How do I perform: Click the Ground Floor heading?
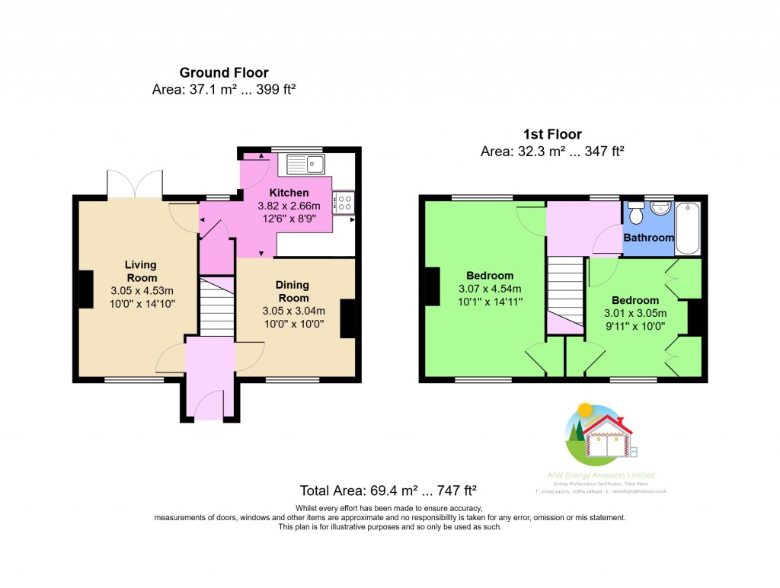[x=224, y=73]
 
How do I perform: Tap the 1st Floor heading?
[x=552, y=135]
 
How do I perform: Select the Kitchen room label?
[x=289, y=193]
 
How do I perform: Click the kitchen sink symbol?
[x=305, y=161]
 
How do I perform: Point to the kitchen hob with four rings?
[x=344, y=201]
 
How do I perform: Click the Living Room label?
[x=141, y=270]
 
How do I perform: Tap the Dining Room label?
[x=293, y=291]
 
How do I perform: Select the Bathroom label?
[x=648, y=238]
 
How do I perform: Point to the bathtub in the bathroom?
[x=687, y=228]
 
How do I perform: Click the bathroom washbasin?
[x=660, y=208]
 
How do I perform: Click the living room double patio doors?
[x=136, y=184]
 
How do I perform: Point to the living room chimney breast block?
[x=85, y=289]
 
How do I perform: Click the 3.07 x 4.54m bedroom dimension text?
[x=490, y=289]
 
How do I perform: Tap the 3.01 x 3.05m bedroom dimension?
[x=635, y=313]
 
